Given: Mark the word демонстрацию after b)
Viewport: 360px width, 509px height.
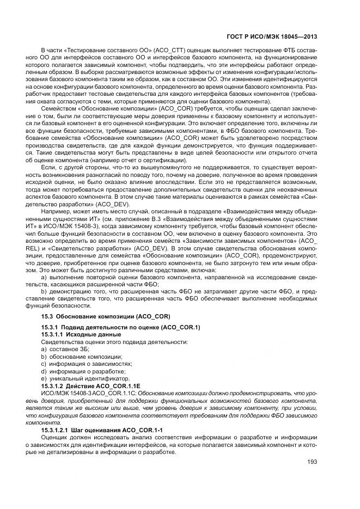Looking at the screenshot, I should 68,291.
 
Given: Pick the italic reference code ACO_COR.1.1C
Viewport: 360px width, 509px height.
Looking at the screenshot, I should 114,393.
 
